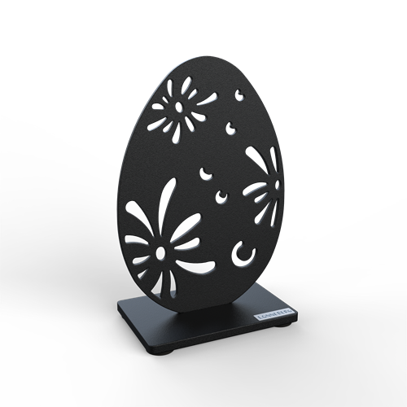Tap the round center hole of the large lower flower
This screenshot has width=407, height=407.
160,254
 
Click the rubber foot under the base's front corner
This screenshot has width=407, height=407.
162,352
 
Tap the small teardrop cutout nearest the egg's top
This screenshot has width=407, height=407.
239,95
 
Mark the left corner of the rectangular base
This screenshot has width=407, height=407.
118,306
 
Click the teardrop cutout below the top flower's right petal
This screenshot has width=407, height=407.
230,127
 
